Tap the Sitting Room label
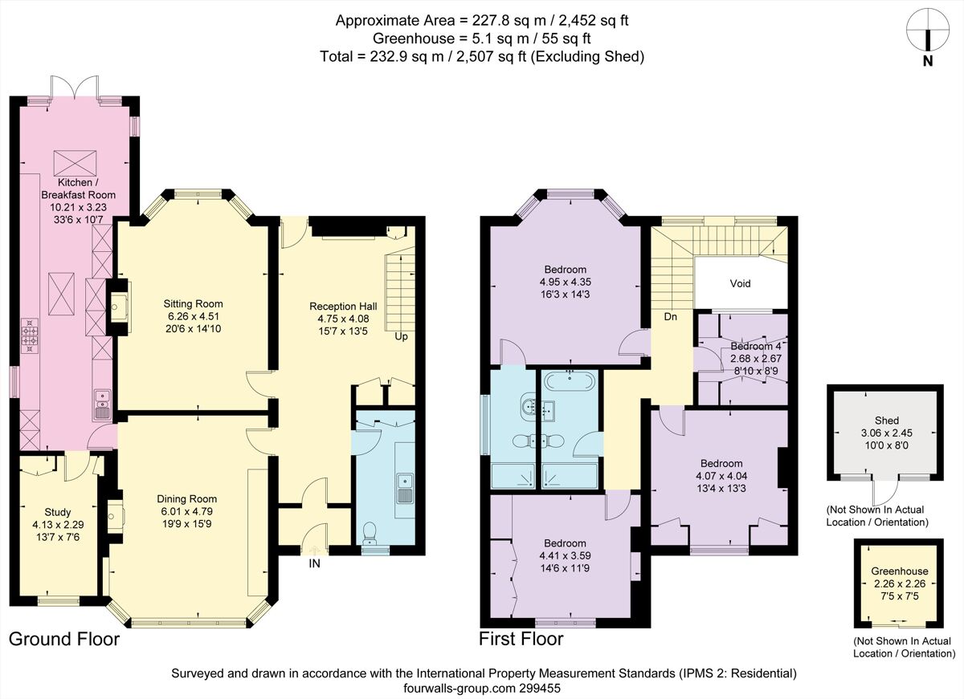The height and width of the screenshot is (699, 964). (x=193, y=304)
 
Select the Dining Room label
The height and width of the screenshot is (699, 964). (x=186, y=498)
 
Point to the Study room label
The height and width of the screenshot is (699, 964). (x=57, y=512)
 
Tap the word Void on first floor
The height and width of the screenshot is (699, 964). (x=740, y=284)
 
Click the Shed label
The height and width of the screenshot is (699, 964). (x=887, y=421)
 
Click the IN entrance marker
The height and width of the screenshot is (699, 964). (x=316, y=564)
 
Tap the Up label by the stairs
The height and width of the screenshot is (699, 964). (x=401, y=336)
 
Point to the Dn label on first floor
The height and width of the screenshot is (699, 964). (x=670, y=316)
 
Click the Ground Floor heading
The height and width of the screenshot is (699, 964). (x=64, y=639)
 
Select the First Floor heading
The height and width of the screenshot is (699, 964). (x=521, y=639)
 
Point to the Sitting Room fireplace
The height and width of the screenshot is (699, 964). (x=118, y=304)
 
